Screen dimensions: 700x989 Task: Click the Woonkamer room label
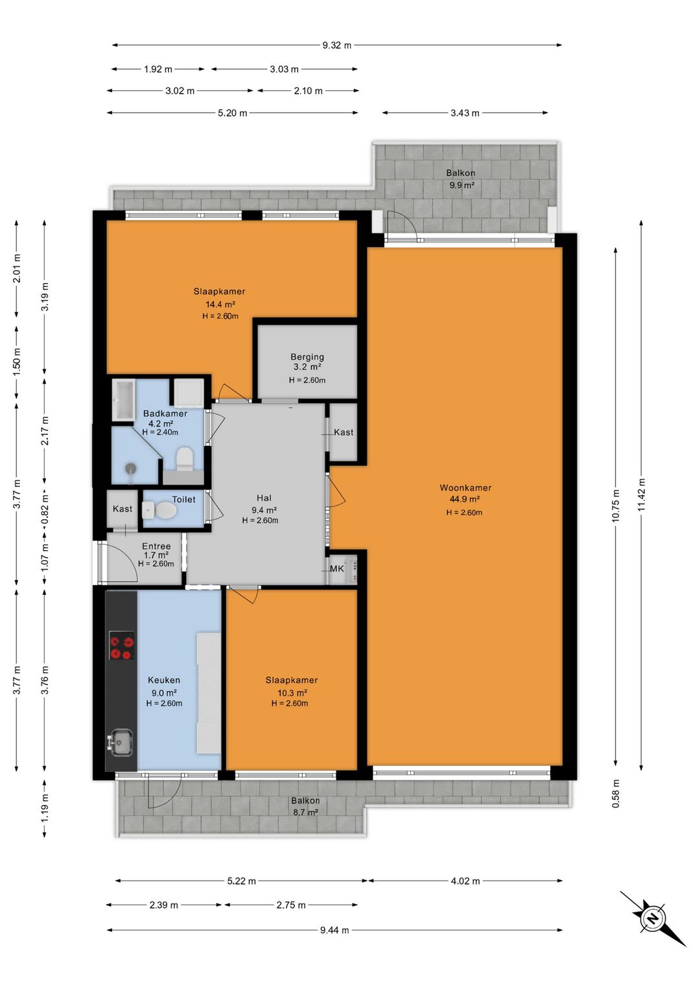click(x=465, y=488)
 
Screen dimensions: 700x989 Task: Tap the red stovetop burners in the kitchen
click(x=121, y=646)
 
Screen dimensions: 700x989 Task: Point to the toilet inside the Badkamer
click(x=184, y=458)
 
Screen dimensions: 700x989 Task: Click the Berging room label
click(x=307, y=356)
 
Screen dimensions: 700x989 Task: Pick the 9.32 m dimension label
click(x=336, y=45)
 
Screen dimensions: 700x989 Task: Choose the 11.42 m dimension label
click(x=641, y=494)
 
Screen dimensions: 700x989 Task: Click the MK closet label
click(x=336, y=569)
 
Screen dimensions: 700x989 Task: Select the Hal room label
click(x=264, y=498)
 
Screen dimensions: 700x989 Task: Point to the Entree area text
click(x=156, y=546)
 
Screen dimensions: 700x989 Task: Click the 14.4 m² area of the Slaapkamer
click(x=220, y=304)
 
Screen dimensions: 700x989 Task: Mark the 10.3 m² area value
click(x=292, y=693)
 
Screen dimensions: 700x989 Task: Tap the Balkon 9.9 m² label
click(x=461, y=179)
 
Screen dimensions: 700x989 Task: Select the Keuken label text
click(x=163, y=681)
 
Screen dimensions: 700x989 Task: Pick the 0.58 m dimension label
click(x=616, y=793)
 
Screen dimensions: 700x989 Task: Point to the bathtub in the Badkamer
click(x=123, y=400)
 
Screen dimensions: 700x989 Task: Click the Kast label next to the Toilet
click(x=122, y=509)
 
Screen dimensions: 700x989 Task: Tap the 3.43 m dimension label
click(x=465, y=113)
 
